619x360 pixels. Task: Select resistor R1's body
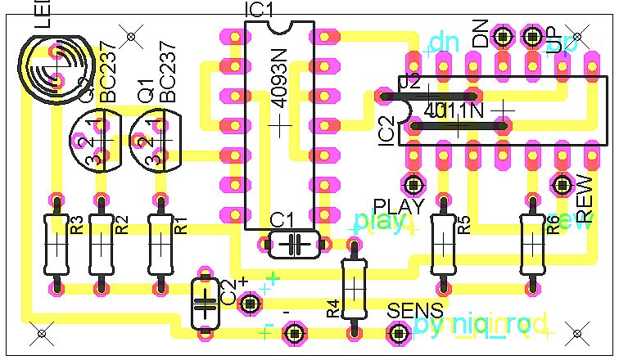click(x=160, y=244)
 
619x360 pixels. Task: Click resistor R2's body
click(x=101, y=244)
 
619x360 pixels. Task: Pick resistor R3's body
click(x=56, y=244)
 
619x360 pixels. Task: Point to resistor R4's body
click(x=354, y=287)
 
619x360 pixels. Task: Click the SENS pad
click(x=399, y=332)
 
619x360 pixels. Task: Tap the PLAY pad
click(x=413, y=182)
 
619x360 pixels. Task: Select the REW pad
click(x=562, y=182)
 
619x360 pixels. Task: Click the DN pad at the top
click(x=503, y=35)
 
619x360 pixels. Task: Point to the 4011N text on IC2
click(x=456, y=109)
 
